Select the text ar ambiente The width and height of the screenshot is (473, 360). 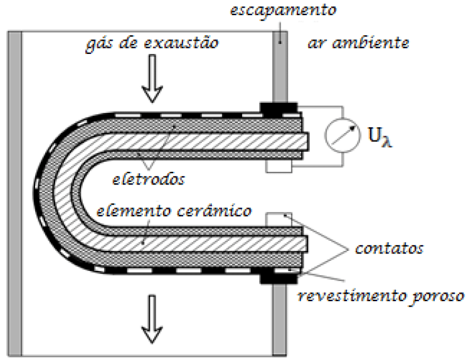click(x=359, y=44)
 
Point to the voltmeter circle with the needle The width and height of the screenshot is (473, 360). click(x=340, y=134)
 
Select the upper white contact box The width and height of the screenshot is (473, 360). click(x=279, y=165)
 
